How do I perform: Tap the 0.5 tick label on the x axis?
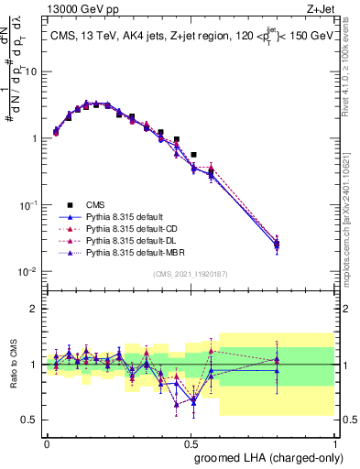(191, 443)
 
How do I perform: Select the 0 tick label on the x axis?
(47, 443)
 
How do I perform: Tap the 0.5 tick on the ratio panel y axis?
(32, 420)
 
